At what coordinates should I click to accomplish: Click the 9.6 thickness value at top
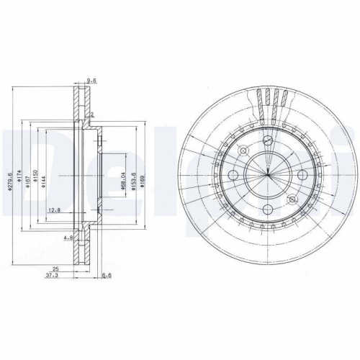click(x=91, y=81)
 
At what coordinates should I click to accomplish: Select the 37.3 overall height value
click(x=51, y=275)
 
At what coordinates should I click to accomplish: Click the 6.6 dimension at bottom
click(x=107, y=275)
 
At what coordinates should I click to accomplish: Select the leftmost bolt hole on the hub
click(x=233, y=176)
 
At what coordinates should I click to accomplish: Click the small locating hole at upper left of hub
click(x=243, y=150)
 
